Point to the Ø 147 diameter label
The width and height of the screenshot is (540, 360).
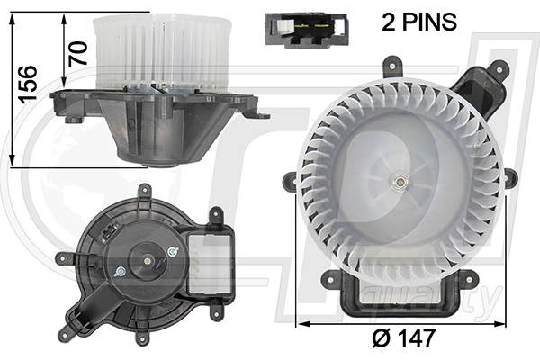pyautogui.click(x=406, y=339)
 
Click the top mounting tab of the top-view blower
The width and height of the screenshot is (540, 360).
pyautogui.click(x=392, y=67)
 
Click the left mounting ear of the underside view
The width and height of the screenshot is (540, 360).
pyautogui.click(x=65, y=258)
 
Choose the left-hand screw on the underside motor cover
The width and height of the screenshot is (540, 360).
pyautogui.click(x=120, y=271)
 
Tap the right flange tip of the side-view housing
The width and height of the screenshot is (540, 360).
pyautogui.click(x=263, y=115)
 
